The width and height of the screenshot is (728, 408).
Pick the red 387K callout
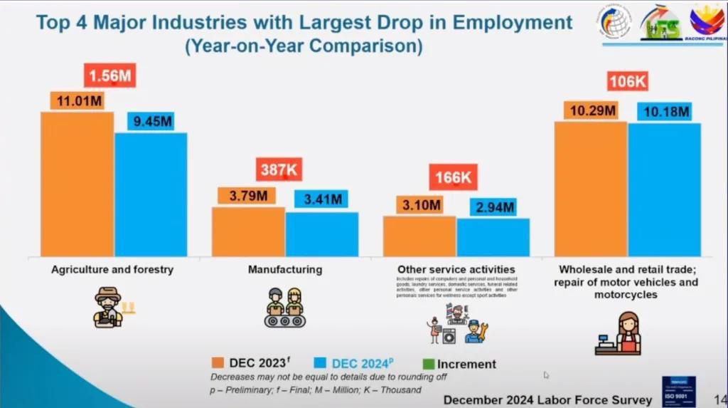click(x=279, y=170)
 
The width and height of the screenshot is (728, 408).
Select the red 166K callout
click(x=453, y=177)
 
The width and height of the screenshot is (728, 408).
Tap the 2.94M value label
click(x=493, y=206)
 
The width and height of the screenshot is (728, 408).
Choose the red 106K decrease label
click(x=627, y=81)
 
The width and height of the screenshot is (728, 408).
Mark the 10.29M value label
click(x=590, y=110)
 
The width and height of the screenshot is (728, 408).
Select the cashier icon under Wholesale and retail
click(x=617, y=333)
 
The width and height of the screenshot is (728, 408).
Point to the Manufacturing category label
click(x=284, y=270)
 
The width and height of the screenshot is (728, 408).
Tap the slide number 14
click(x=719, y=399)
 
